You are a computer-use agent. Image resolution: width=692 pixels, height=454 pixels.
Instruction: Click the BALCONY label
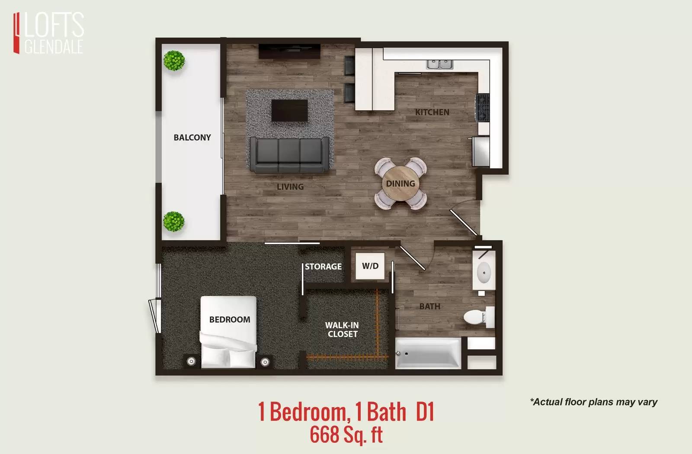coord(192,137)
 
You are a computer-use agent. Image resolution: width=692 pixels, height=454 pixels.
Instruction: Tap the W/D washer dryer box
coord(370,266)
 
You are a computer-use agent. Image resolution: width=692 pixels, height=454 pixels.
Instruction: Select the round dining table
coord(400,183)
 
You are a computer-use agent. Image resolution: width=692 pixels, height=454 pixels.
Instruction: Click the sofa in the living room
coord(289,155)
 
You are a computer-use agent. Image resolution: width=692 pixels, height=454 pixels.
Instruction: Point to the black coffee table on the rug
coord(289,111)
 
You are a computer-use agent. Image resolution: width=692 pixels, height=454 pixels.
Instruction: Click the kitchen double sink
coord(439,64)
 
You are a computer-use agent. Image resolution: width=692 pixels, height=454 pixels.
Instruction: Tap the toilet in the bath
coord(479,317)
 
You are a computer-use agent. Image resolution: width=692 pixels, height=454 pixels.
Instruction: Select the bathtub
coord(428,353)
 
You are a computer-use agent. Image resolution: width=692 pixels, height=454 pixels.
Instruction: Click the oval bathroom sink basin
coord(484,272)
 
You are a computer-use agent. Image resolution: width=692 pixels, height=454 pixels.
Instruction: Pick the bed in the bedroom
coord(228,332)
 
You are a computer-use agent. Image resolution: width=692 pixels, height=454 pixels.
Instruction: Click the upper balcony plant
coord(174,61)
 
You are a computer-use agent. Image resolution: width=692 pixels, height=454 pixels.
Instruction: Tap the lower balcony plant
coord(173,221)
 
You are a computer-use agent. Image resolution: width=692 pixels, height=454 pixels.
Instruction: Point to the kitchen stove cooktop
coord(483,108)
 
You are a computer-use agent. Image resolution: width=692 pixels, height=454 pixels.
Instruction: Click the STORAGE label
coord(323,266)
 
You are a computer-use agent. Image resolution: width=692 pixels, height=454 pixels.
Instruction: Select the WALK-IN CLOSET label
coord(342,329)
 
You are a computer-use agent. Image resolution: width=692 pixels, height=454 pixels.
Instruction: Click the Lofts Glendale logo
coord(48,33)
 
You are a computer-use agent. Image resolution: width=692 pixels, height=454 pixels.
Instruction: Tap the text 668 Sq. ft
coord(346,435)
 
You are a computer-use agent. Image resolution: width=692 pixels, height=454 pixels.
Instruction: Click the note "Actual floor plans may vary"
coord(593,402)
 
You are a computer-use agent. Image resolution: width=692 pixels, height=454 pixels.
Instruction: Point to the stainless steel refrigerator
coord(481,152)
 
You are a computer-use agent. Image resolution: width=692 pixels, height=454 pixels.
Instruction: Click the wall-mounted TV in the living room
coord(289,51)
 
